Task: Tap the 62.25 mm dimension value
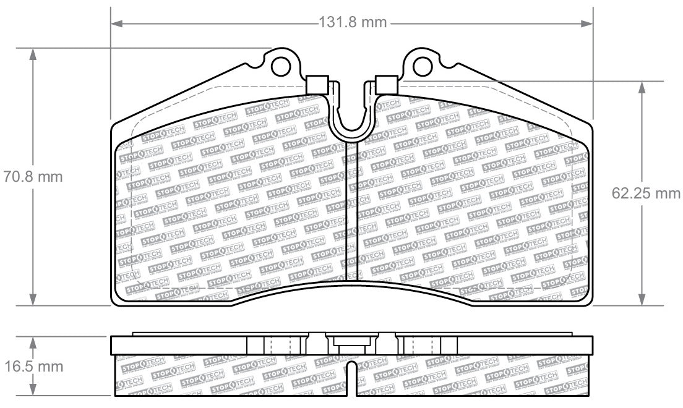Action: click(646, 193)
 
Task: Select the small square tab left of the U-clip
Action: click(316, 84)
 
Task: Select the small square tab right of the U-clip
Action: click(385, 84)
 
